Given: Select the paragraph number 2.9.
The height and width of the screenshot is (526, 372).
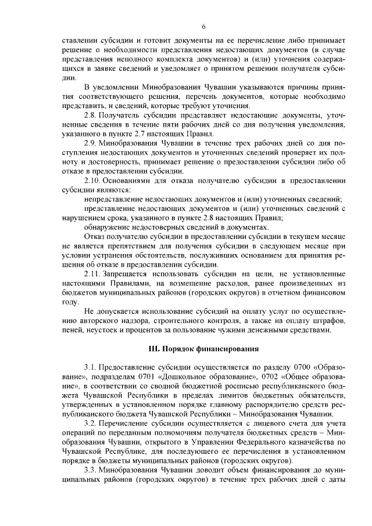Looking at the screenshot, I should pos(90,143).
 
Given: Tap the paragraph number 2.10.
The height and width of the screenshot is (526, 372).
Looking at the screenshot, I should pos(92,180).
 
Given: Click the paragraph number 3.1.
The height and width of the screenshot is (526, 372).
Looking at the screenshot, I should pos(90,367).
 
